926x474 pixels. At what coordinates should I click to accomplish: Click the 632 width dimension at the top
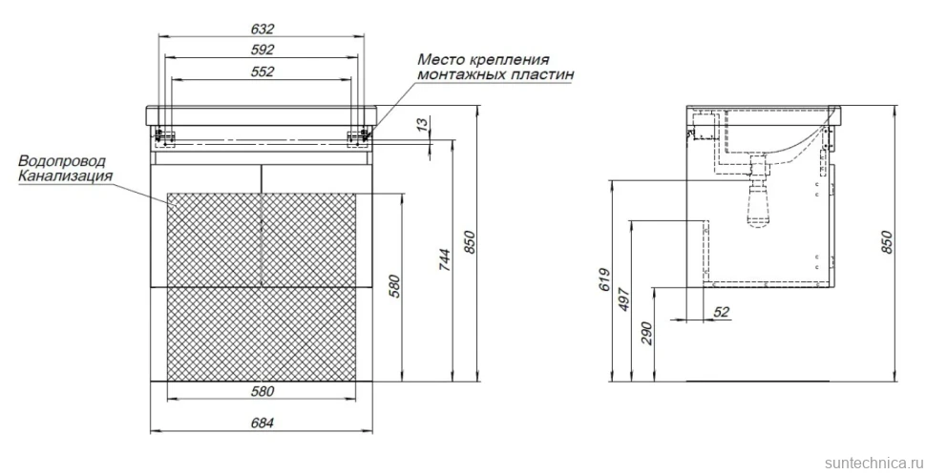click(263, 29)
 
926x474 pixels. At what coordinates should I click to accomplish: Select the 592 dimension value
click(263, 50)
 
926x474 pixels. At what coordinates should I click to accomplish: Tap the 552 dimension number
click(263, 72)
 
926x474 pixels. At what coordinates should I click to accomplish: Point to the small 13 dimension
click(421, 125)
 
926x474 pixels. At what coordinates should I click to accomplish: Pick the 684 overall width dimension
click(263, 422)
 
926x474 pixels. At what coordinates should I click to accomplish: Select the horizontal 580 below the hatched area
click(263, 391)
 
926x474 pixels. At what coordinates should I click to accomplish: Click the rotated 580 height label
click(394, 286)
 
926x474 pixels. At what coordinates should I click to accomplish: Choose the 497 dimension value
click(624, 299)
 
